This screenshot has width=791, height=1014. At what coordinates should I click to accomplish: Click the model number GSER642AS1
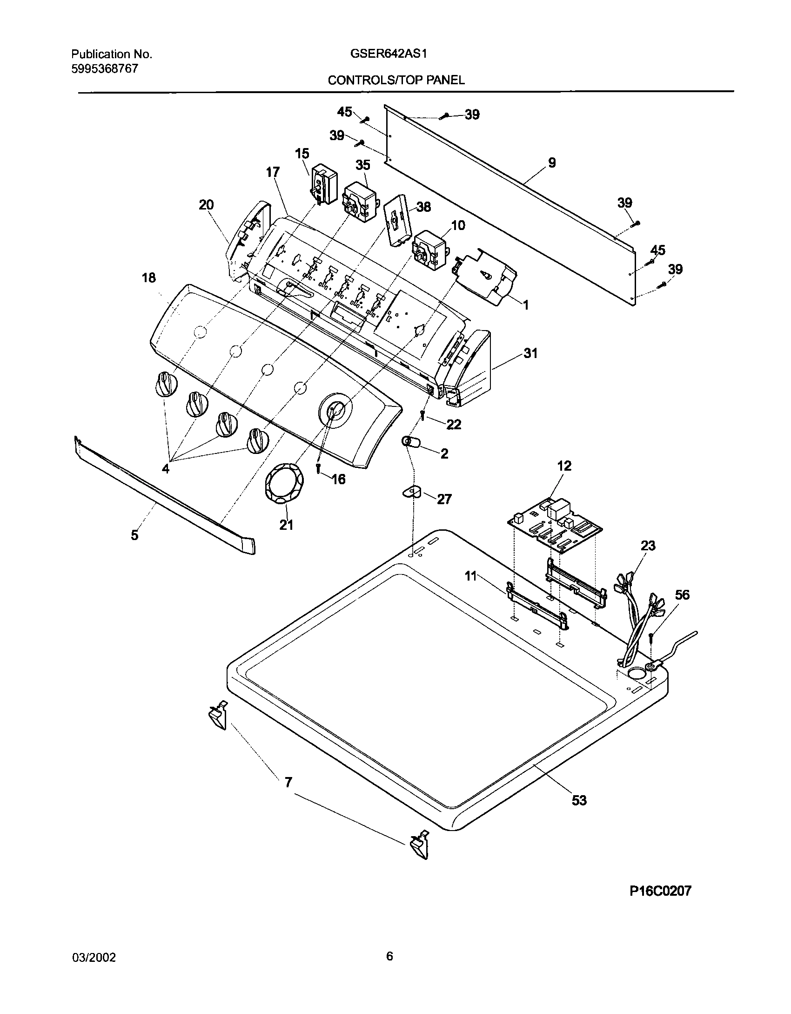coord(389,54)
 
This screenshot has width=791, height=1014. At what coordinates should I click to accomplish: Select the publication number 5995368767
coord(104,68)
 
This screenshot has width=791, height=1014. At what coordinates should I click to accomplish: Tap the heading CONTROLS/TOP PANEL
coord(396,80)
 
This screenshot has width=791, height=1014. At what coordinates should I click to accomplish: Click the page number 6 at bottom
coord(389,956)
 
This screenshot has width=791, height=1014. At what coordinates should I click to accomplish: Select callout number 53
coord(579,800)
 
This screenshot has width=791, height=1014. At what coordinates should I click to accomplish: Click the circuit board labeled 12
coord(554,524)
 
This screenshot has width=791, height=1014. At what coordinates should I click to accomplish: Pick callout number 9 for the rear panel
coord(551,162)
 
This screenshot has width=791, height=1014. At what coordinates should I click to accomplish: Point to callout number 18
coord(149,278)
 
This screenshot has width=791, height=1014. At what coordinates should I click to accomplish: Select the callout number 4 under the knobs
coord(166,469)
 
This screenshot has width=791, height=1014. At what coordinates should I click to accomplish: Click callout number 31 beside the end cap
coord(530,353)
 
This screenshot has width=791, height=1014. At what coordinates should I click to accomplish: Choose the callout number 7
coord(288,783)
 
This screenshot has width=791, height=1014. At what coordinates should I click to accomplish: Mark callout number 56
coord(682,595)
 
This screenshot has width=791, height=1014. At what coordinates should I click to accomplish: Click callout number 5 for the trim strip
coord(134,535)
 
